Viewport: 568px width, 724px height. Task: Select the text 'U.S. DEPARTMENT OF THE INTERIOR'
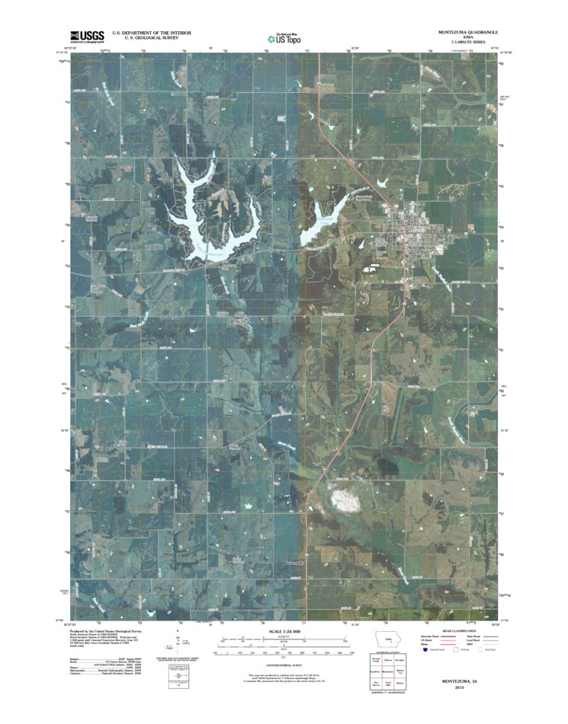click(x=151, y=33)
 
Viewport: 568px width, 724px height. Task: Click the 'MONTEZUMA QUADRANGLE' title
click(x=467, y=33)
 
